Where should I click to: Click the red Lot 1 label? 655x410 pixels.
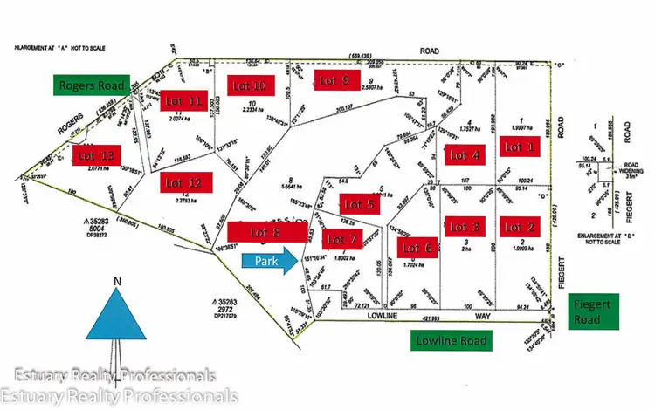point(521,147)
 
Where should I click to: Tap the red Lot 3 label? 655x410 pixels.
point(463,227)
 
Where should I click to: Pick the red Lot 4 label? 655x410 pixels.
point(463,156)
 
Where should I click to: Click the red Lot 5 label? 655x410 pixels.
point(360,205)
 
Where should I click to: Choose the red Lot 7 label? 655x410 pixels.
point(341,239)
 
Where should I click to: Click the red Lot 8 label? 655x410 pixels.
point(265,232)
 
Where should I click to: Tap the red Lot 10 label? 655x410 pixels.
point(246,85)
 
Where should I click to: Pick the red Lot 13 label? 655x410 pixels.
point(96,155)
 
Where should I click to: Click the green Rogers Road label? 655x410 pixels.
point(91,85)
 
